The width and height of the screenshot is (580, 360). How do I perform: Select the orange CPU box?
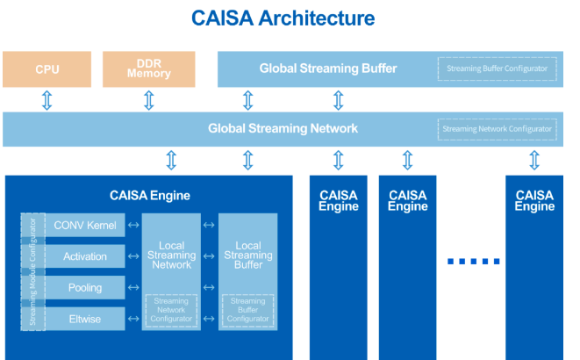click(x=47, y=69)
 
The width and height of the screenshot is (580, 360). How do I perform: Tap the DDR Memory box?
click(x=148, y=69)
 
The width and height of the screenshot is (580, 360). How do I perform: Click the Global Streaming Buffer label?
click(x=328, y=68)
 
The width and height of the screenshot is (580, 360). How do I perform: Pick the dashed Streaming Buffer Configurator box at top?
click(x=498, y=68)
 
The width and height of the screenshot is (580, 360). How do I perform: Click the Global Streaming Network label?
click(x=283, y=128)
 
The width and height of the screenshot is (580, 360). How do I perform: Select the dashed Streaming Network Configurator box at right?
click(x=498, y=129)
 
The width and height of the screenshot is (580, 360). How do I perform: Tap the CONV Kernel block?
click(x=85, y=226)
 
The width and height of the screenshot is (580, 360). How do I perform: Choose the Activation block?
click(x=85, y=256)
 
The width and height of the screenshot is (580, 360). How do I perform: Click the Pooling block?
click(x=85, y=287)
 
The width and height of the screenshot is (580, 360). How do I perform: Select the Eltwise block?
click(x=85, y=319)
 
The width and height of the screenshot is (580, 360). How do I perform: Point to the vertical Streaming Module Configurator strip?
click(x=32, y=271)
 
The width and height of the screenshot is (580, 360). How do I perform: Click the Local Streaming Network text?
click(x=171, y=256)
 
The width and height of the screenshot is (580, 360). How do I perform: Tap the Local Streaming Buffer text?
click(x=248, y=256)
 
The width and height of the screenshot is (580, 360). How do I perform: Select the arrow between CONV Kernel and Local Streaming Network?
click(x=132, y=226)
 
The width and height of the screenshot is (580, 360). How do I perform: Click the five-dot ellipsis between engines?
click(x=473, y=261)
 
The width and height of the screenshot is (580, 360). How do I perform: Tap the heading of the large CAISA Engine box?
click(x=149, y=196)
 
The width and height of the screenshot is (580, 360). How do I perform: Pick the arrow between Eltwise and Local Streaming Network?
click(x=132, y=319)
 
